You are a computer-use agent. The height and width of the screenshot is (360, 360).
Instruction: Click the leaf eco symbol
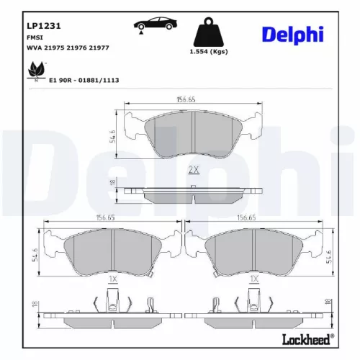click(33, 70)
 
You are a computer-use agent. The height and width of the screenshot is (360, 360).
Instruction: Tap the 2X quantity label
click(192, 170)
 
